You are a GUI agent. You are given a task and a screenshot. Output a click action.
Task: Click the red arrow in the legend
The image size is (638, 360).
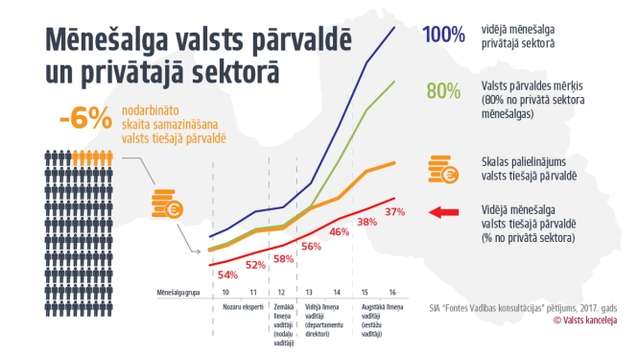click(446, 213)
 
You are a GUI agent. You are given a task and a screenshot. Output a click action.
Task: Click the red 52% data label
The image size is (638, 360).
click(255, 265)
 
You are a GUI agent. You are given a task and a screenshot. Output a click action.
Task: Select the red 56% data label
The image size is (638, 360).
click(311, 246)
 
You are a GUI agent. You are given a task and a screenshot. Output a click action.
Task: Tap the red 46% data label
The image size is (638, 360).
click(339, 231)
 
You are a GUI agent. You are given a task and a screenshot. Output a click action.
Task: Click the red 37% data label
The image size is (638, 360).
click(393, 211)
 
